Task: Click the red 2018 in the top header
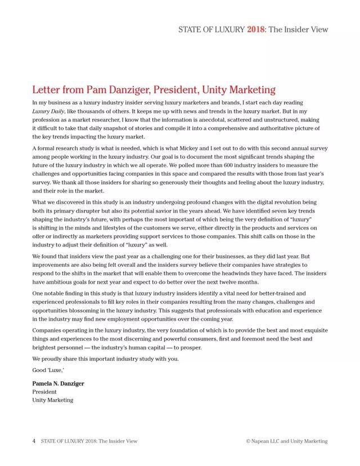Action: pyautogui.click(x=255, y=29)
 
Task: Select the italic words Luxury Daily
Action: pyautogui.click(x=48, y=111)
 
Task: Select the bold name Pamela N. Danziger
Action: pyautogui.click(x=58, y=384)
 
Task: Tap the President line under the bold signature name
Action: pyautogui.click(x=44, y=392)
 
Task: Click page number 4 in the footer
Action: pyautogui.click(x=34, y=441)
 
